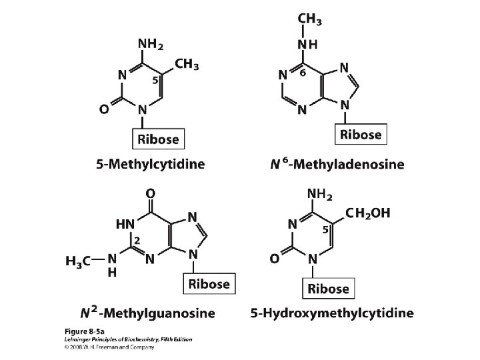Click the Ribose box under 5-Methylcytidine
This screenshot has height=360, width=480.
pos(158,140)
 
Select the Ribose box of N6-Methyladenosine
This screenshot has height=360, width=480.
pos(361,134)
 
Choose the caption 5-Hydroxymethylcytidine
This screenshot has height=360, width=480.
pos(331,312)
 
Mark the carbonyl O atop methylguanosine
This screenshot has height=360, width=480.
pos(151,193)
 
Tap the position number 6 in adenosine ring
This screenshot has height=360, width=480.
pos(303,75)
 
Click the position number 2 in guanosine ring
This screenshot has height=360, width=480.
pos(136,239)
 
